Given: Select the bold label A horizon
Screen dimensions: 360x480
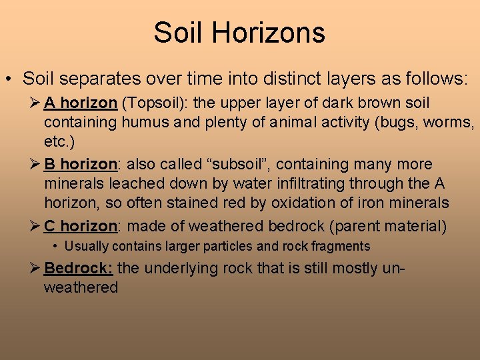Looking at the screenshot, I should [x=81, y=103].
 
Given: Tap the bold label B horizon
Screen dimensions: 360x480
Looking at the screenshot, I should [x=81, y=165].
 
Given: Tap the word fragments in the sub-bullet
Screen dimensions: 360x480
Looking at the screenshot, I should [x=339, y=247].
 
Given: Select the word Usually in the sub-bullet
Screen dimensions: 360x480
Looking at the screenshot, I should [x=87, y=247].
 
